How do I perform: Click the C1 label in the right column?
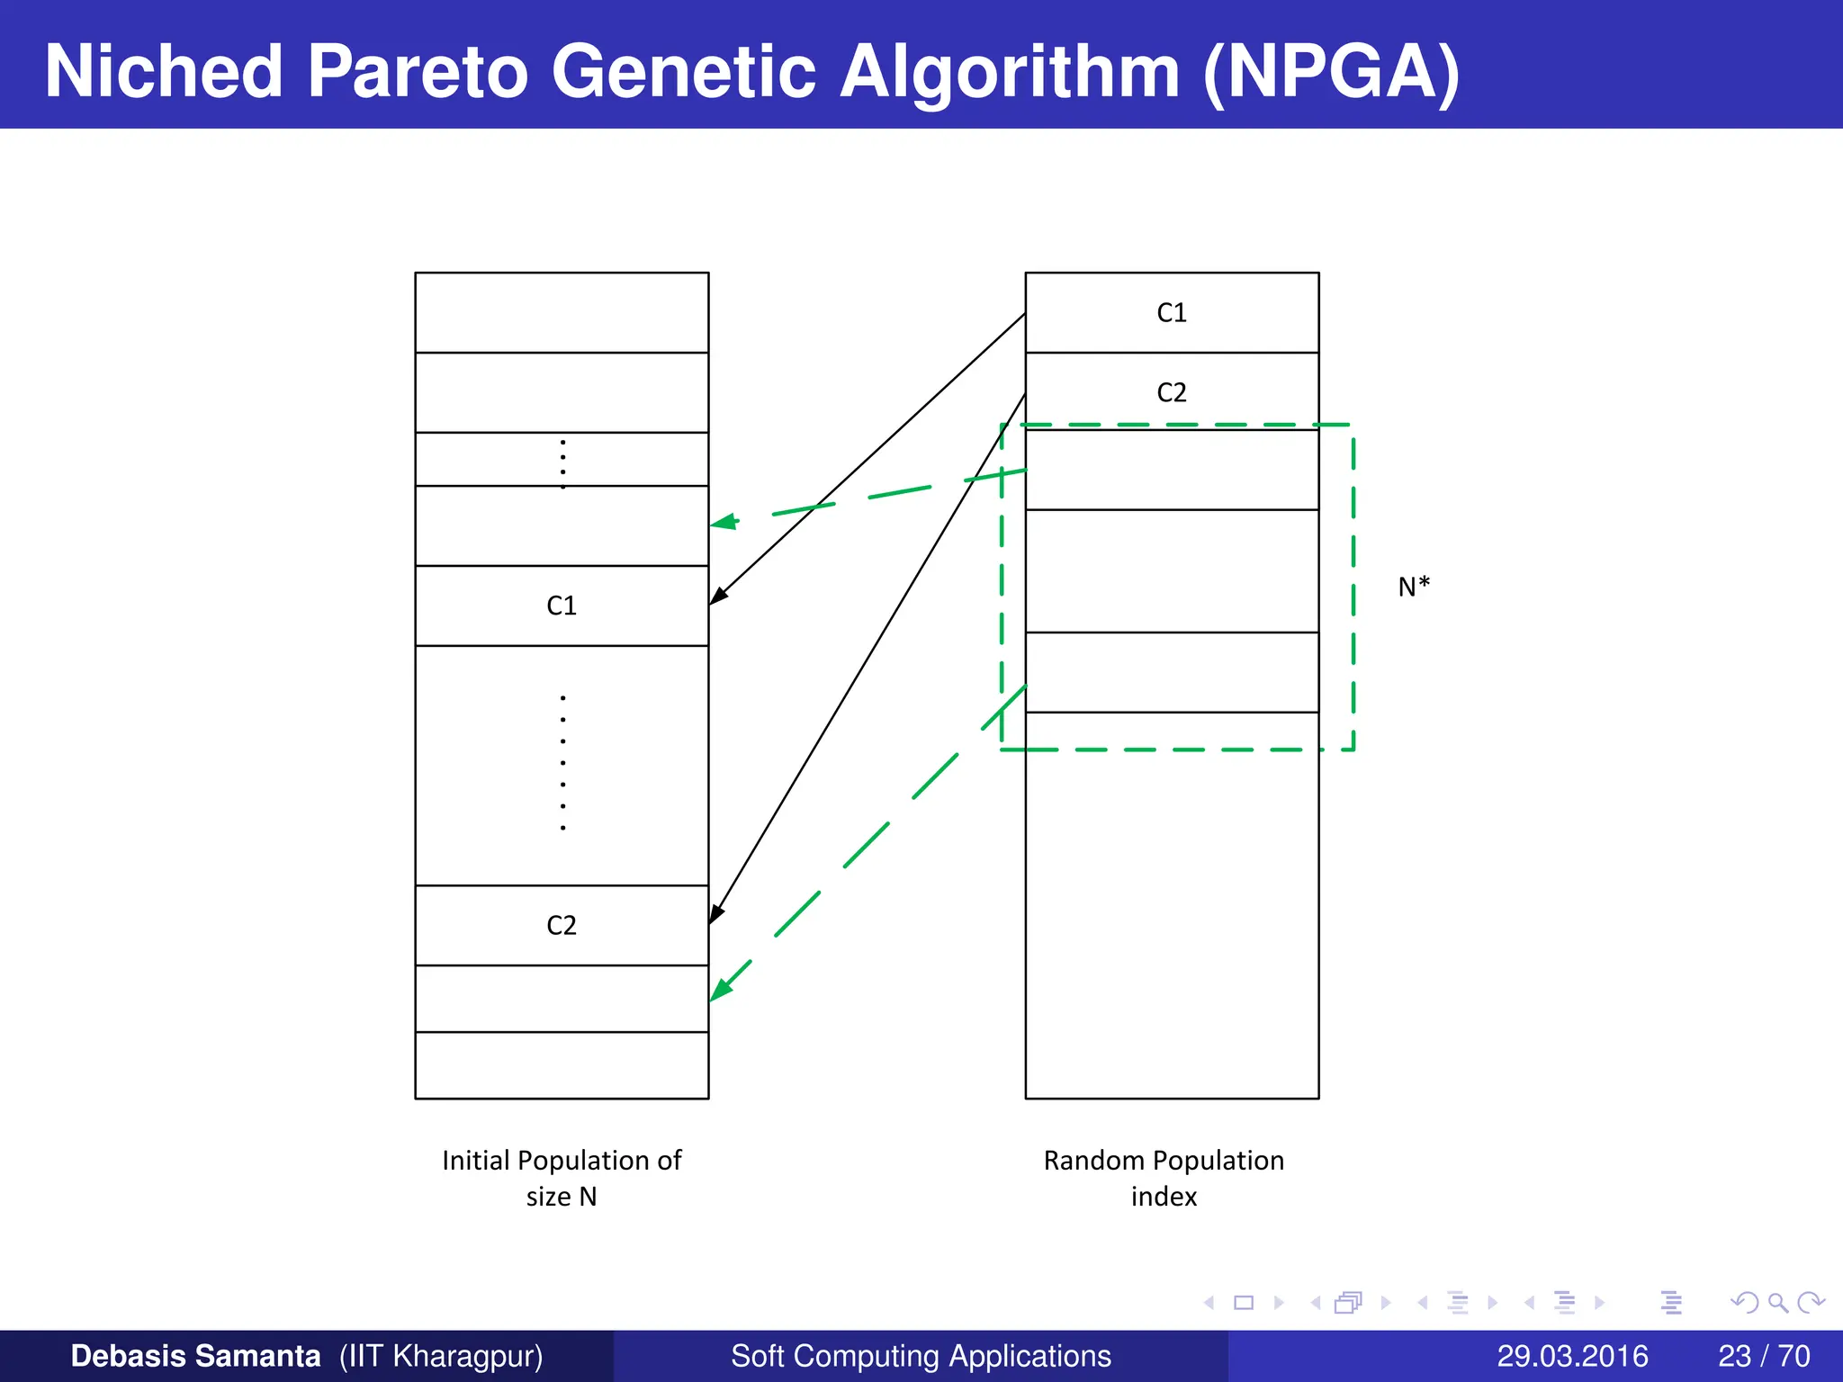tap(1171, 312)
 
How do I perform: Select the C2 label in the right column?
tap(1171, 392)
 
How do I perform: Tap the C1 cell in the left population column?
tap(562, 606)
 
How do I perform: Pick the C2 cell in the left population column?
tap(562, 925)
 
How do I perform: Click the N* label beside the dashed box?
tap(1414, 588)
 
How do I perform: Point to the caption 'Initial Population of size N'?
tap(562, 1178)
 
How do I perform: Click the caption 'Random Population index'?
tap(1164, 1178)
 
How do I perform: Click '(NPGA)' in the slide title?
tap(1331, 72)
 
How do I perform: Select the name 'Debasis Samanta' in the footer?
tap(195, 1356)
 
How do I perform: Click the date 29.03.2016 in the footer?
tap(1572, 1356)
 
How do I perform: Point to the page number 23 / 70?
tap(1764, 1356)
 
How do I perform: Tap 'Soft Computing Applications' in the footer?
tap(921, 1356)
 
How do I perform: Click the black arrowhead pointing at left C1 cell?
tap(718, 596)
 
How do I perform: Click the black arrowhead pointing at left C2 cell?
tap(716, 914)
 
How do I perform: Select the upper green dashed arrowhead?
tap(724, 522)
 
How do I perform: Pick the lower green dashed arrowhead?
tap(721, 989)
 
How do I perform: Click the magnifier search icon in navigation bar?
tap(1777, 1302)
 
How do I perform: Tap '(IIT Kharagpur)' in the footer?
tap(441, 1356)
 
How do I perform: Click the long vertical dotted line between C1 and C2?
tap(562, 763)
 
